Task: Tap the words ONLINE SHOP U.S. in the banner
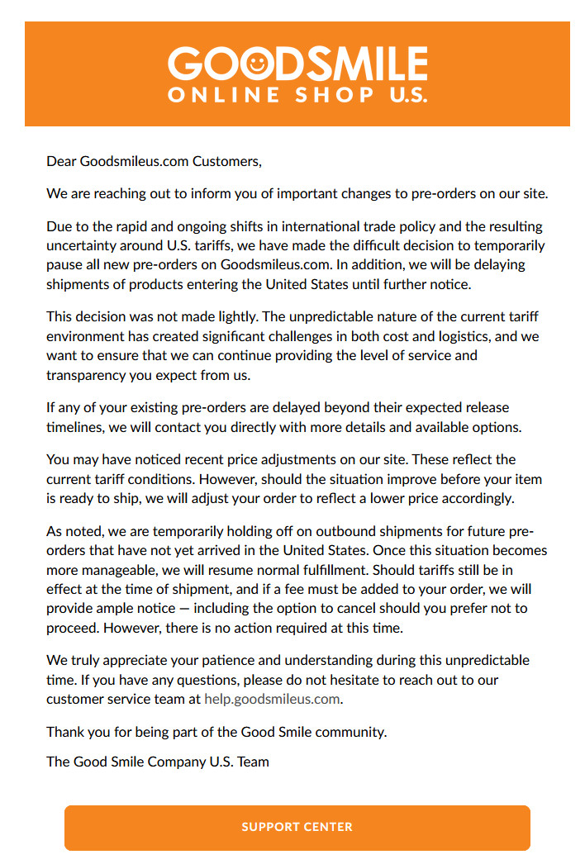(297, 94)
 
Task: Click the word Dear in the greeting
(61, 161)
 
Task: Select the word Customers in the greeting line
(226, 161)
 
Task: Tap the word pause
(64, 264)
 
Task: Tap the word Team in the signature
(253, 762)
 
